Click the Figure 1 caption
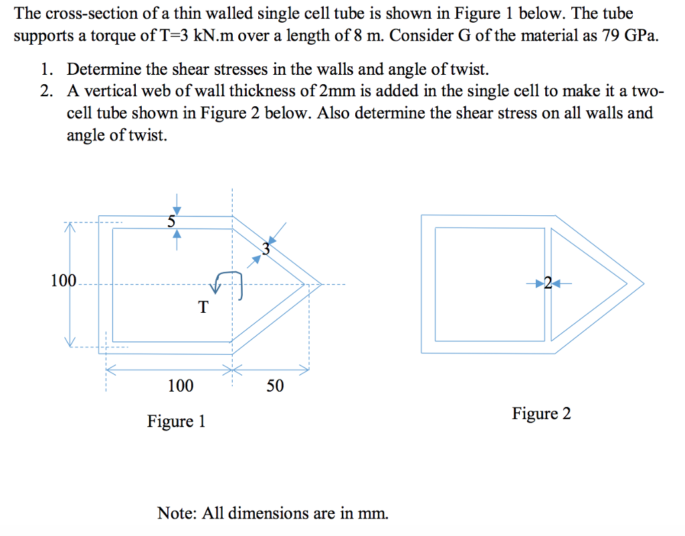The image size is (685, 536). click(x=176, y=421)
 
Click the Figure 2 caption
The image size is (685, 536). click(x=541, y=413)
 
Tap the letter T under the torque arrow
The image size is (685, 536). click(x=203, y=307)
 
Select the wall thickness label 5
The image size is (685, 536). click(x=171, y=222)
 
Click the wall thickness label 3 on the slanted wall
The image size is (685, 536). click(x=266, y=249)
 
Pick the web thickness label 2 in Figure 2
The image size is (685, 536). click(x=549, y=283)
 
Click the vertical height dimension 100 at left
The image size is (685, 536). click(x=64, y=280)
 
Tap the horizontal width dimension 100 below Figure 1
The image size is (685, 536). click(x=181, y=386)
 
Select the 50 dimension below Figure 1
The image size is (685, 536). click(x=275, y=386)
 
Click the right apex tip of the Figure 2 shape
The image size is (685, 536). click(x=644, y=283)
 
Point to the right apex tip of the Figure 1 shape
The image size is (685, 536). click(x=321, y=285)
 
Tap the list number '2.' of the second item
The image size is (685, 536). click(x=47, y=91)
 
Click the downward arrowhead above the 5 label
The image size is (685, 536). click(x=177, y=211)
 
